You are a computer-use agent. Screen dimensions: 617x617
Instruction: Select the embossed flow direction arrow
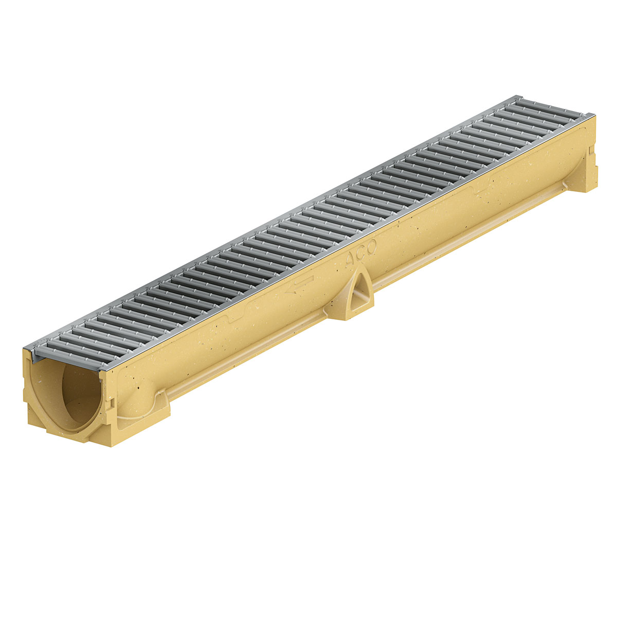point(299,284)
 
